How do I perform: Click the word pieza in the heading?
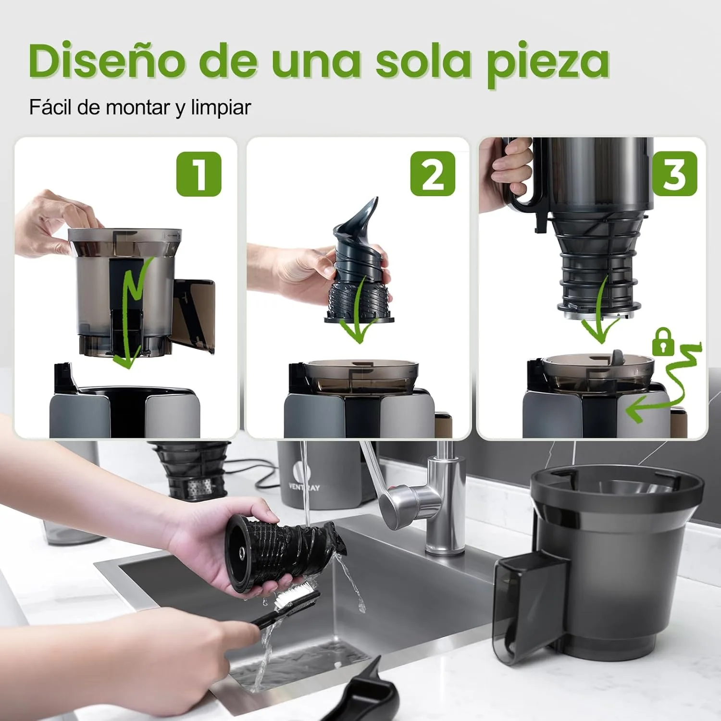coord(547,62)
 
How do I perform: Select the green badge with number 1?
coord(199,174)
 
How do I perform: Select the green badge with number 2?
coord(433,174)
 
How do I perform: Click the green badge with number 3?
coord(674,174)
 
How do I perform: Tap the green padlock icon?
coord(663,342)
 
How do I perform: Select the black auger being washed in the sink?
coord(284,553)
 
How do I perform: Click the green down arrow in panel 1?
coord(130,317)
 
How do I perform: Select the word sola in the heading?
coord(423,61)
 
